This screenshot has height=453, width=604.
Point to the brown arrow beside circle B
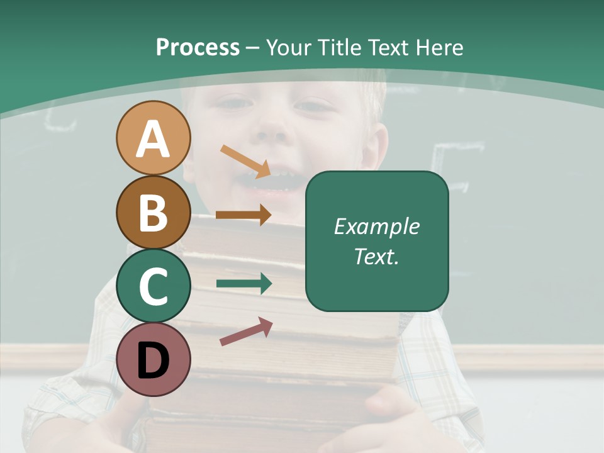tap(243, 215)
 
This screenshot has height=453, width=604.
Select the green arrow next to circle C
tap(243, 283)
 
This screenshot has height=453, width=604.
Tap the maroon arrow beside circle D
tap(246, 332)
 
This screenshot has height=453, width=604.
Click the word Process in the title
tap(198, 48)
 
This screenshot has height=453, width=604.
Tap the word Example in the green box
tap(376, 226)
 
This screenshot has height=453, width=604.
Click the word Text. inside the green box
tap(376, 256)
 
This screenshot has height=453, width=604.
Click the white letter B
tap(153, 212)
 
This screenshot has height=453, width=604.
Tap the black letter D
tap(153, 361)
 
